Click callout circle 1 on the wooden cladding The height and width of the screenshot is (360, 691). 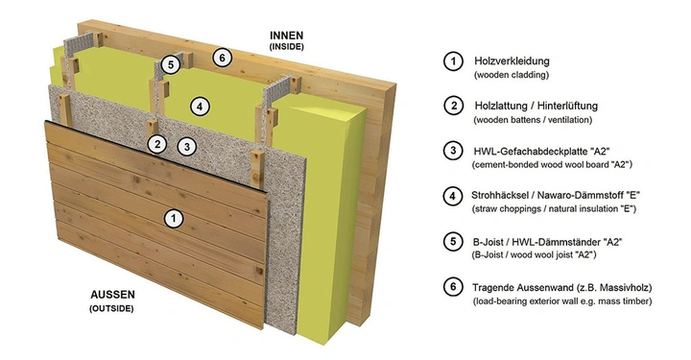pos(174,219)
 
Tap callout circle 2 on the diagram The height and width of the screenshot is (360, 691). pos(155,144)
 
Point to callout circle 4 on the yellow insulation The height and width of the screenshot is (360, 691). pos(197,106)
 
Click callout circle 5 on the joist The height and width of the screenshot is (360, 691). pos(170,65)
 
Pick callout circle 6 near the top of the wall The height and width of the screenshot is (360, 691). pos(221,58)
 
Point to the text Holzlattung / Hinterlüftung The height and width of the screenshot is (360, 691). pos(536,105)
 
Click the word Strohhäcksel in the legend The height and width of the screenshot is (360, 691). pos(507,195)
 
